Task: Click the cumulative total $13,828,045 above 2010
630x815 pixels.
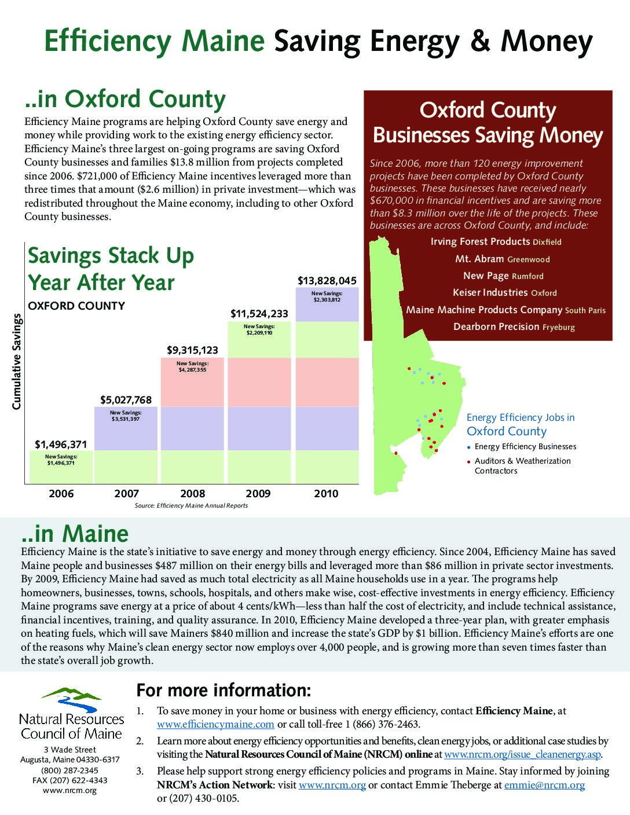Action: [x=327, y=281]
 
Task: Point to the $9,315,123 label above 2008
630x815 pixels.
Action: [x=192, y=350]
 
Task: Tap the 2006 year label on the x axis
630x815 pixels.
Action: [x=61, y=494]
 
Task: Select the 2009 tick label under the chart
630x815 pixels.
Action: [x=258, y=494]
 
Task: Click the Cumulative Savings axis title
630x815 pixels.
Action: [x=17, y=362]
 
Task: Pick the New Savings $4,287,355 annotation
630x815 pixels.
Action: [x=192, y=366]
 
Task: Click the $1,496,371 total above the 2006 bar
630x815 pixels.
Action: [x=61, y=445]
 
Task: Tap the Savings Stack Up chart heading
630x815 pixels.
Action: [x=111, y=269]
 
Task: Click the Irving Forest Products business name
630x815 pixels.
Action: [x=480, y=241]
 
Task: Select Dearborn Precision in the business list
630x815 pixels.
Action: [x=496, y=326]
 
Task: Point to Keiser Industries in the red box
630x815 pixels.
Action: [x=490, y=292]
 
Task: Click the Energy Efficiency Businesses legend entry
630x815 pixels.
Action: [x=525, y=446]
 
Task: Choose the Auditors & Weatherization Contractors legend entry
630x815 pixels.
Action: [x=522, y=465]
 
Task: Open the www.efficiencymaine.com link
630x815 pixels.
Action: [x=215, y=724]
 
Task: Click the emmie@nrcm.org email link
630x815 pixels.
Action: [x=544, y=785]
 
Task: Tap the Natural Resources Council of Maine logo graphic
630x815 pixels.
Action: [x=71, y=701]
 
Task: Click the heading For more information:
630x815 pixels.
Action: [x=224, y=691]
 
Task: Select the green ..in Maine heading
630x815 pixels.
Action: [x=75, y=533]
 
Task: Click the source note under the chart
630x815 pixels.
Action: [x=191, y=505]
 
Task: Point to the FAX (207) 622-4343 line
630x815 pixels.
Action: [x=69, y=780]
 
